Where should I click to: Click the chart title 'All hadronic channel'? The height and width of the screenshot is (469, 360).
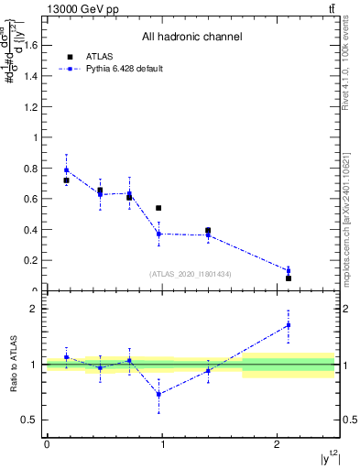pyautogui.click(x=191, y=38)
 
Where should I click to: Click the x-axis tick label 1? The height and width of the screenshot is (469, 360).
pyautogui.click(x=162, y=444)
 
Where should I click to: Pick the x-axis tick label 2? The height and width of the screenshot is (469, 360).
pyautogui.click(x=278, y=444)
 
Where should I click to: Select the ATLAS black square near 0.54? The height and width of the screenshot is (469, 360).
pyautogui.click(x=158, y=209)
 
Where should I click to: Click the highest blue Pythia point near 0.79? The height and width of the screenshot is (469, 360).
pyautogui.click(x=66, y=169)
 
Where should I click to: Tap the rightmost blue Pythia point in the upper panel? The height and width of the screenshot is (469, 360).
pyautogui.click(x=289, y=270)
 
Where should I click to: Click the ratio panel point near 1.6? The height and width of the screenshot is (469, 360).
pyautogui.click(x=289, y=325)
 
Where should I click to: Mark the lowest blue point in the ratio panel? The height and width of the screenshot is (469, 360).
pyautogui.click(x=158, y=394)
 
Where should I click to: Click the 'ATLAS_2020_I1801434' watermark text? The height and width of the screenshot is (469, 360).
pyautogui.click(x=191, y=274)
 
